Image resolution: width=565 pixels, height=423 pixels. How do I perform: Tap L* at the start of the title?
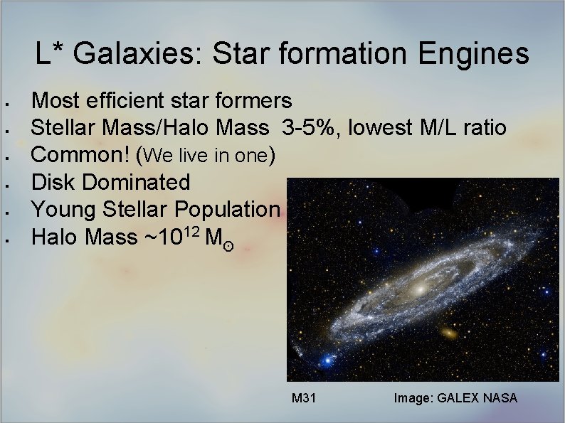[x=50, y=54]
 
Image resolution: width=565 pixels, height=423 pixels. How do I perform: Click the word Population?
[x=231, y=209]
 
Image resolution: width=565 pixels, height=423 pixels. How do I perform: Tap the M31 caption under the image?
[x=304, y=398]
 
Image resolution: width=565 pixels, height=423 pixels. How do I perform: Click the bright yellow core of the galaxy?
[x=420, y=287]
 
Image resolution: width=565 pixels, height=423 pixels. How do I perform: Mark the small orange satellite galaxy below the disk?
[x=450, y=332]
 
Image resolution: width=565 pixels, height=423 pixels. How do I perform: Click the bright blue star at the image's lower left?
[x=327, y=360]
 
